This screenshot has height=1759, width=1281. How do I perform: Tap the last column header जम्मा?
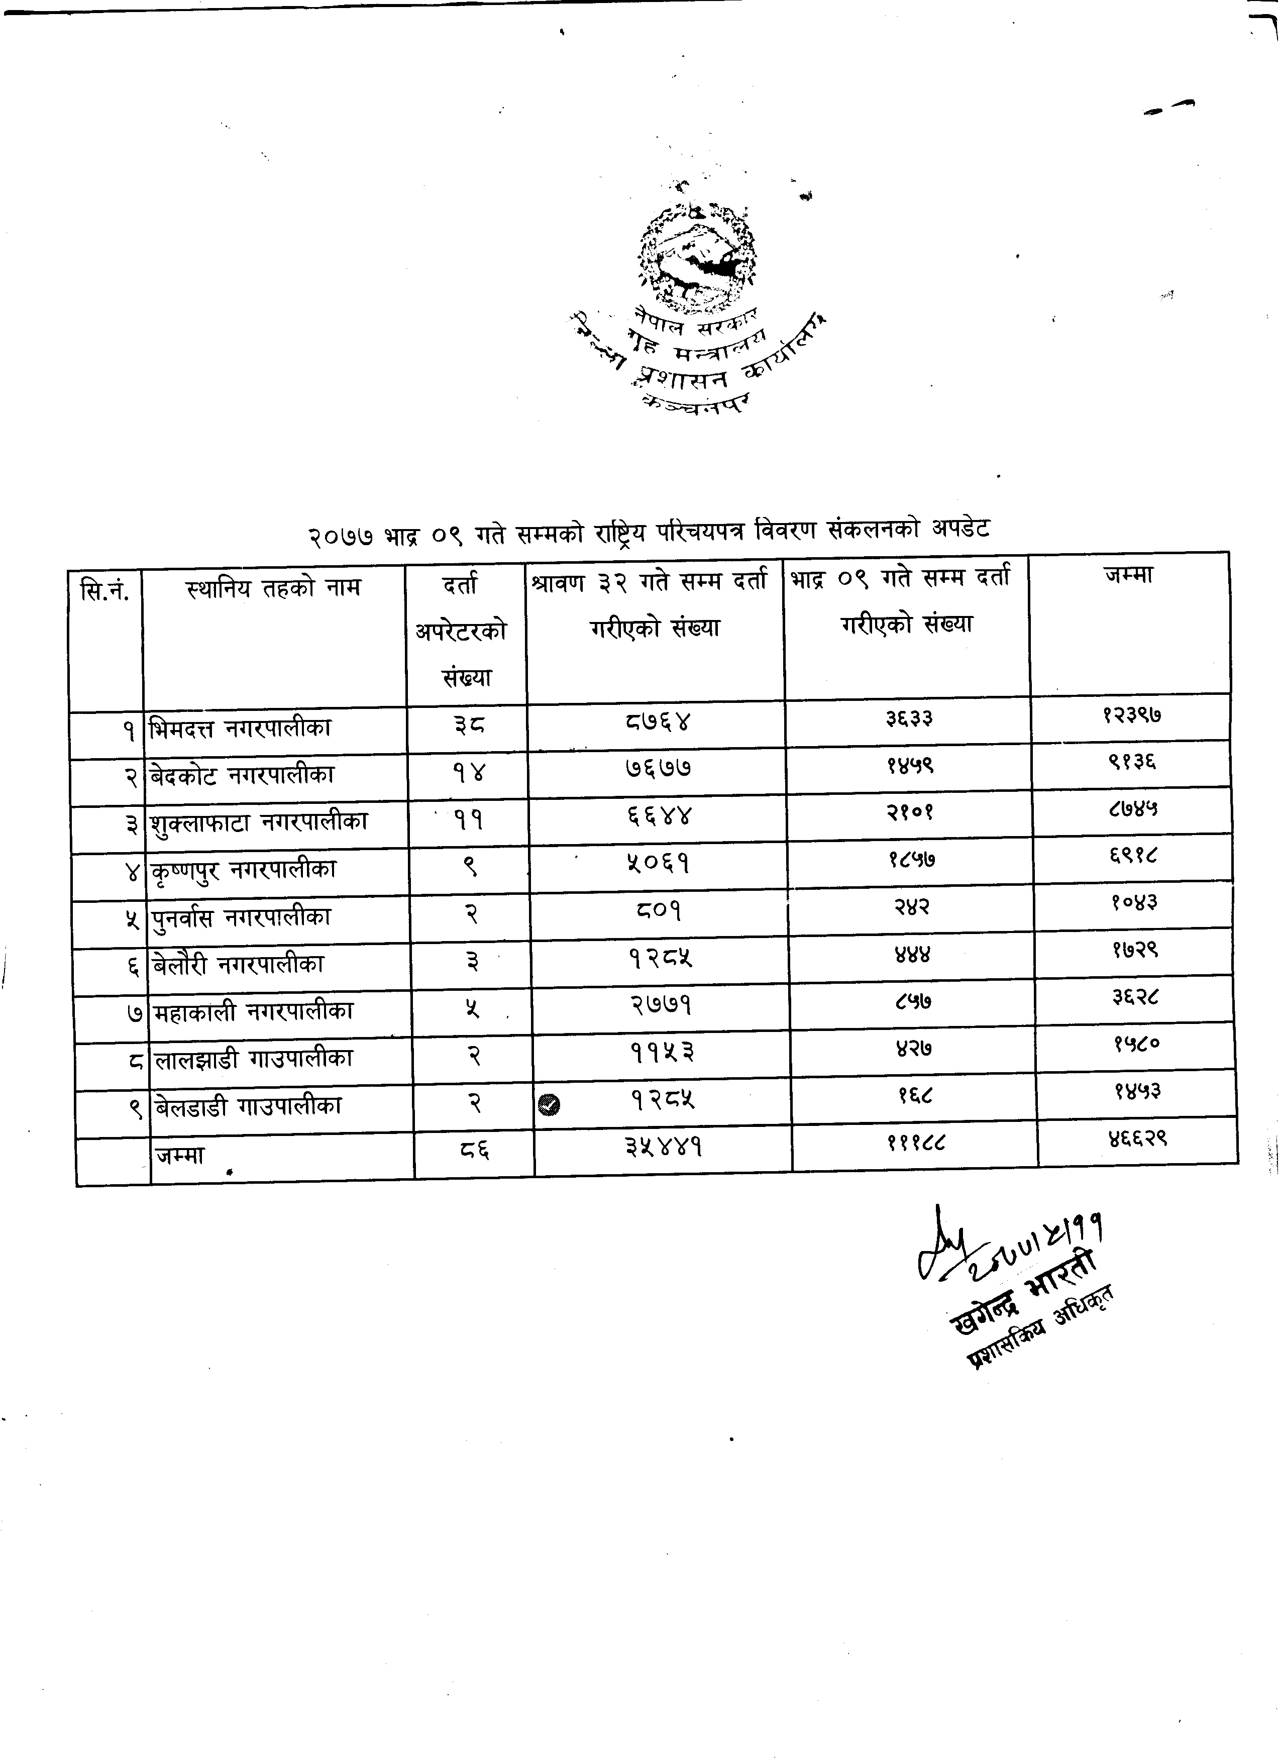point(1128,575)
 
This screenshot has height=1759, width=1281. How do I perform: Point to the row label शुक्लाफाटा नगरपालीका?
point(258,822)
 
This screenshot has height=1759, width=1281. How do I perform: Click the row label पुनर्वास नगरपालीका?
point(241,917)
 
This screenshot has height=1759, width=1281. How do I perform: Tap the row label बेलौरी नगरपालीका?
point(238,965)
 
